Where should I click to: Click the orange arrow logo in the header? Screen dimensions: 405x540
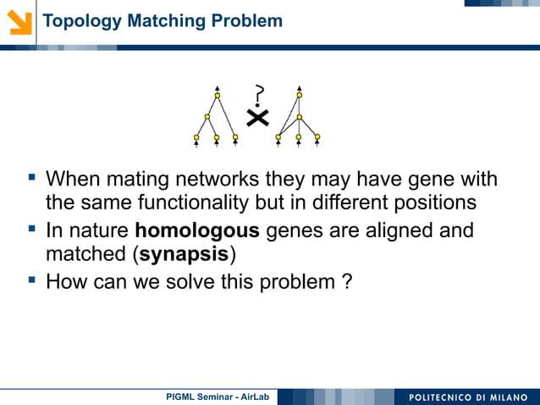pyautogui.click(x=19, y=21)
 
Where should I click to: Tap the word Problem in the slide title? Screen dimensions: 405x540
pyautogui.click(x=248, y=21)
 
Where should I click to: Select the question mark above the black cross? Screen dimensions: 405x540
pyautogui.click(x=258, y=95)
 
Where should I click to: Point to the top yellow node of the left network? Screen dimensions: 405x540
pyautogui.click(x=218, y=96)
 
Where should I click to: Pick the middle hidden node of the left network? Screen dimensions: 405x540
pyautogui.click(x=207, y=117)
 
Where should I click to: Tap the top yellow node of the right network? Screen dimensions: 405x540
pyautogui.click(x=299, y=96)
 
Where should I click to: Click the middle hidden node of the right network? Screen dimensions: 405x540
pyautogui.click(x=299, y=117)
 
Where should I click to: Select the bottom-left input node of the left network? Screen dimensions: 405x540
pyautogui.click(x=196, y=136)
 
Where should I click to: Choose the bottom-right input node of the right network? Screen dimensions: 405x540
pyautogui.click(x=317, y=136)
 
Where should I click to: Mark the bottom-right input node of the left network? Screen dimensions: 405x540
pyautogui.click(x=235, y=136)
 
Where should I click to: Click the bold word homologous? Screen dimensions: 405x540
pyautogui.click(x=197, y=230)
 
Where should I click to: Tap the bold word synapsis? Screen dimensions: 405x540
pyautogui.click(x=184, y=255)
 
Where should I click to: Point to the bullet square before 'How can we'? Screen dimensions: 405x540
pyautogui.click(x=32, y=279)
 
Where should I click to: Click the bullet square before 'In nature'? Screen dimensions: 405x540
pyautogui.click(x=32, y=228)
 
